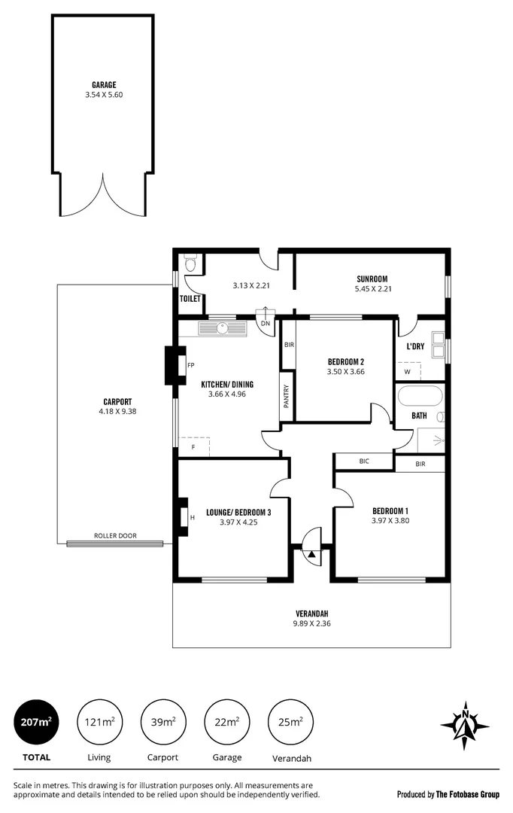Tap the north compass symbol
[465, 726]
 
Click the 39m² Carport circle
[162, 723]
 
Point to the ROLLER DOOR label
[114, 536]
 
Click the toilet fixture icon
[190, 263]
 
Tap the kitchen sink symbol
[223, 328]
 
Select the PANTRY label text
[287, 397]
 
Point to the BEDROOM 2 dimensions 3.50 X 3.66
[345, 371]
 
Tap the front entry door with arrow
[311, 554]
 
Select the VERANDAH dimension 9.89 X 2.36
[311, 623]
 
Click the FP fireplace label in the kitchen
[190, 365]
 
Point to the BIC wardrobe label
[364, 461]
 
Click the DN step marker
[265, 324]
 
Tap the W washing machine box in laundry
[408, 371]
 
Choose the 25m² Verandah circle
[290, 723]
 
